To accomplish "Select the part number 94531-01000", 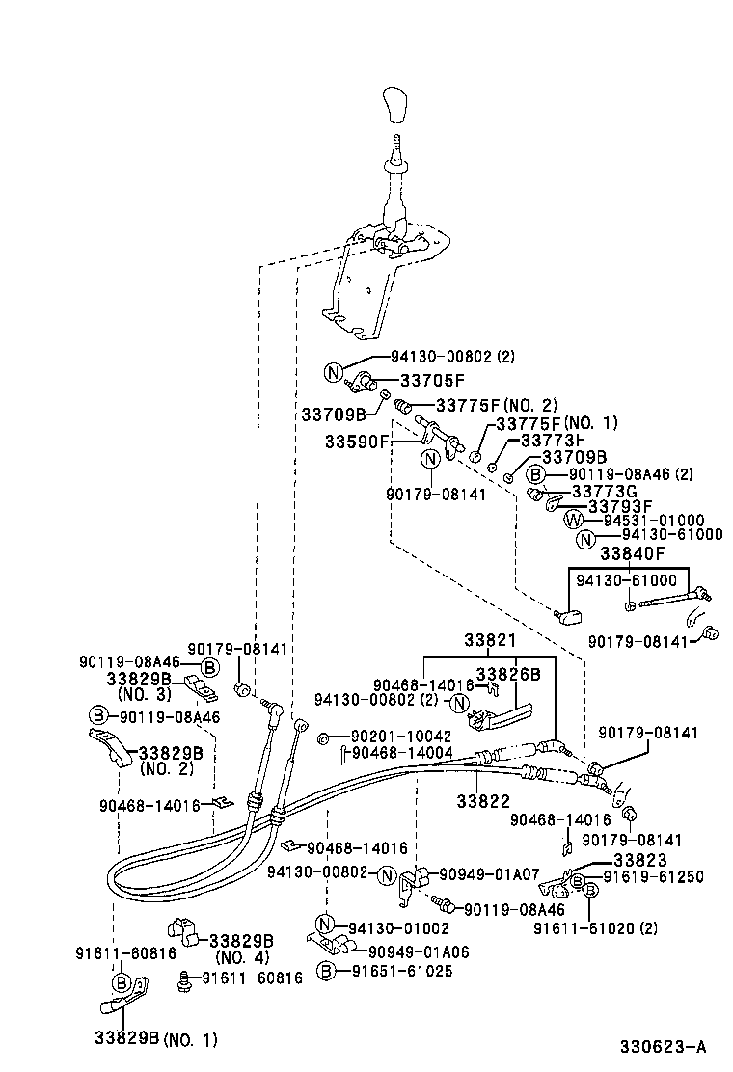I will (653, 521).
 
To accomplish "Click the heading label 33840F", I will (633, 553).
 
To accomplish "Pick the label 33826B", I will (508, 674).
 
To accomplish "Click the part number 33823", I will (639, 861).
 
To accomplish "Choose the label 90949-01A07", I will (489, 874).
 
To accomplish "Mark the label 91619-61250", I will (653, 877).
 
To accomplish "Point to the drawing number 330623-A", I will (664, 1046).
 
